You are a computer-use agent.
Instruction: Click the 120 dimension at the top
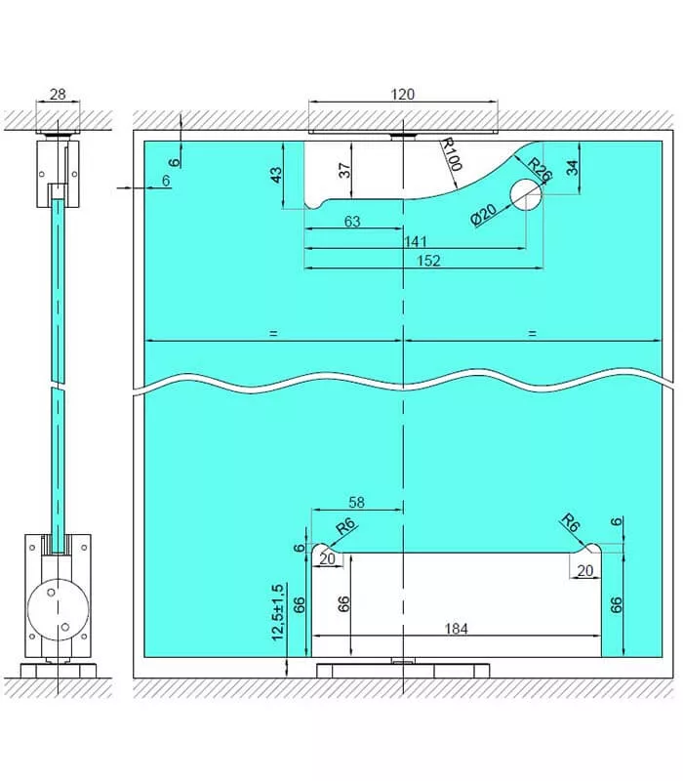click(x=402, y=94)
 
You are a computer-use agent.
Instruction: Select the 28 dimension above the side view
click(x=58, y=94)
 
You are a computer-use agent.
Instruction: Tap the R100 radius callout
click(x=452, y=155)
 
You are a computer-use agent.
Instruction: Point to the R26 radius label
click(x=540, y=169)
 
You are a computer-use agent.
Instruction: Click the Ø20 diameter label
click(x=483, y=214)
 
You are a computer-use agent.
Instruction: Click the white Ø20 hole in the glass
click(x=526, y=194)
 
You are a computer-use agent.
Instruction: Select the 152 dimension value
click(x=428, y=261)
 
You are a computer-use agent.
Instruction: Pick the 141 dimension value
click(x=416, y=241)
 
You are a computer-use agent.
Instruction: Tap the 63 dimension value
click(x=352, y=222)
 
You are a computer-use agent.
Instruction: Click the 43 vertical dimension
click(x=275, y=175)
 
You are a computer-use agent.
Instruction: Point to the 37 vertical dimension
click(x=344, y=170)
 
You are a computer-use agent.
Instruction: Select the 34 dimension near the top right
click(x=573, y=167)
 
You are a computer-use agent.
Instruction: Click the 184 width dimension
click(x=456, y=629)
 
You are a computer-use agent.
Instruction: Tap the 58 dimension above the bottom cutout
click(x=356, y=502)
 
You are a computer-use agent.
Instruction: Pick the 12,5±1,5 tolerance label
click(x=278, y=612)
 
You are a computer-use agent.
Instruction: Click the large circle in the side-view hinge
click(x=59, y=609)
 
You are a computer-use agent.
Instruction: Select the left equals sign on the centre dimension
click(x=273, y=333)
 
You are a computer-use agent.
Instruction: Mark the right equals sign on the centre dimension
click(x=532, y=333)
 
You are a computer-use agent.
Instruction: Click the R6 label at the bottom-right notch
click(x=571, y=523)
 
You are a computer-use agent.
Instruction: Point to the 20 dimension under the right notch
click(x=584, y=570)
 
